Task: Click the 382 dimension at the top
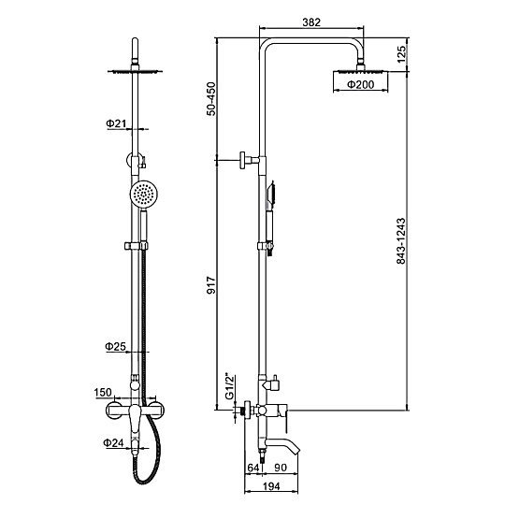tap(311, 22)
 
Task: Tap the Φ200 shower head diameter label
tap(360, 84)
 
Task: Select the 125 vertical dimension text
tap(401, 54)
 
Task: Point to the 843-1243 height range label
tap(400, 241)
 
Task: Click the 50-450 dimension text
tap(211, 99)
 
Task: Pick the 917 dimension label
tap(211, 285)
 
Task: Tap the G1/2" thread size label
tap(229, 386)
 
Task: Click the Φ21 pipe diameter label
tap(116, 123)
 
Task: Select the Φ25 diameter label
tap(115, 347)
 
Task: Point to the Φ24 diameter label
tap(113, 442)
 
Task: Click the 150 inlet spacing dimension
tap(103, 392)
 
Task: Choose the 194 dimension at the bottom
tap(271, 486)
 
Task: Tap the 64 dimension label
tap(253, 468)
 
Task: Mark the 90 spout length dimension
tap(281, 468)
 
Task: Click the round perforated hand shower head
tap(144, 195)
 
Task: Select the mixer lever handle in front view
tap(136, 419)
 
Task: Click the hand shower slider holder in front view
tap(137, 246)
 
